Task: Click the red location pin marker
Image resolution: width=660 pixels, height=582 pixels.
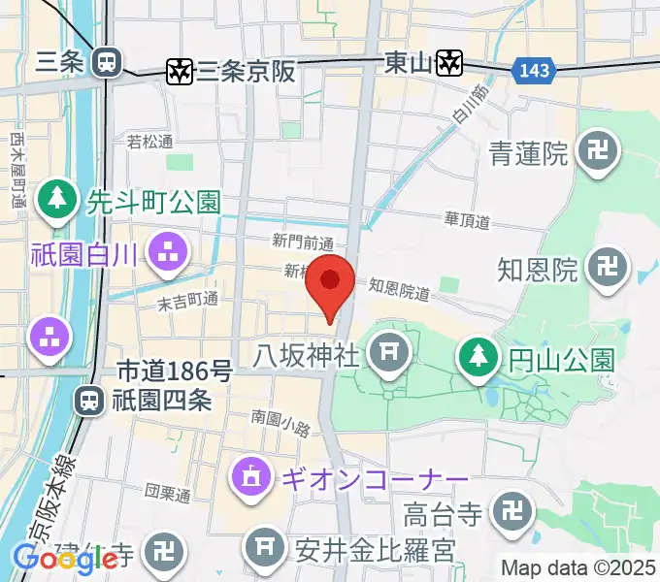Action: point(330,282)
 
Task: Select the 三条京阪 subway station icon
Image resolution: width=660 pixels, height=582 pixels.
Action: point(180,71)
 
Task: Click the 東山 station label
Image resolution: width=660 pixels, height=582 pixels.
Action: point(408,62)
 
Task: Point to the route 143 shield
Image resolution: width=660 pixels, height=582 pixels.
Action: point(533,70)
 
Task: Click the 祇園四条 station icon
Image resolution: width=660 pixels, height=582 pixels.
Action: point(89,399)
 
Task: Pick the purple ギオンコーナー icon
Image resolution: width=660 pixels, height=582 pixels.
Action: point(251,478)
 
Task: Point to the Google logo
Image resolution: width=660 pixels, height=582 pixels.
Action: point(66,559)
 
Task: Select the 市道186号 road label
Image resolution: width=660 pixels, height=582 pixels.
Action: point(175,371)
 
